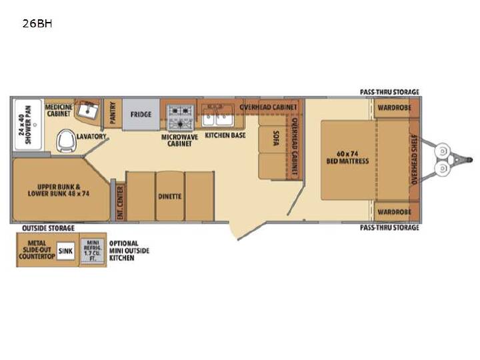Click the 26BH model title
[x=37, y=23]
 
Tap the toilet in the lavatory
[x=66, y=141]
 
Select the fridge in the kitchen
[x=141, y=114]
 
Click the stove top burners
[x=180, y=117]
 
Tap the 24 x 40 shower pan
[x=28, y=125]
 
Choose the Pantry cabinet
[x=113, y=113]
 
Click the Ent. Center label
[x=120, y=203]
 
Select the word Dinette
[x=169, y=196]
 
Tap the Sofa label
[x=276, y=138]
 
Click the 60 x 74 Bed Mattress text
[x=347, y=157]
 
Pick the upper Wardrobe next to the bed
[x=394, y=108]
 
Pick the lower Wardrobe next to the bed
[x=394, y=212]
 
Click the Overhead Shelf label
[x=414, y=159]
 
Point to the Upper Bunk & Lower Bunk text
[x=59, y=190]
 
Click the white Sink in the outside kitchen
[x=65, y=251]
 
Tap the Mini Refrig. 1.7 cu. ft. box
[x=93, y=251]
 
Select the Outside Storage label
[x=49, y=228]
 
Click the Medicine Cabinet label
[x=59, y=110]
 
